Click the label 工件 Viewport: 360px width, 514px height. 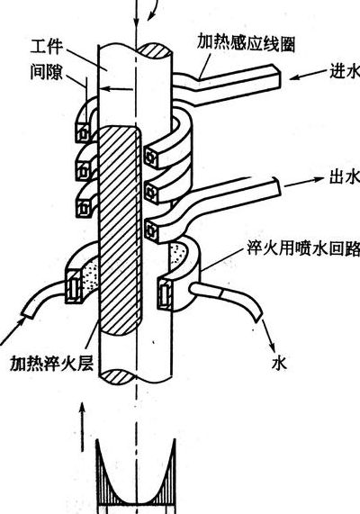tap(46, 47)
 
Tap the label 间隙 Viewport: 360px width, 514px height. tap(46, 72)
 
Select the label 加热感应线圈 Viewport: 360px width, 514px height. tap(246, 42)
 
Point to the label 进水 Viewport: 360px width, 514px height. tap(345, 70)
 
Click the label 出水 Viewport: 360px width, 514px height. tap(345, 177)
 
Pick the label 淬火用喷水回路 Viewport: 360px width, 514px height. tap(303, 248)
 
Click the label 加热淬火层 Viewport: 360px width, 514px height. tap(51, 363)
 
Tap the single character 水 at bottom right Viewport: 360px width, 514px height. tap(279, 363)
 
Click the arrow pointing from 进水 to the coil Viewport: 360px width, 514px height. tap(309, 75)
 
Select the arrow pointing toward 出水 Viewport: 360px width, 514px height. tap(304, 182)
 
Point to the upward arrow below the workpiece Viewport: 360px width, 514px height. tap(83, 427)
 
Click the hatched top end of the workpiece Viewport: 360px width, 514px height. tap(154, 51)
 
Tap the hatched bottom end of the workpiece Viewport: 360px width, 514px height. tap(117, 376)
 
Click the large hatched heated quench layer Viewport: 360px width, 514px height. tap(121, 230)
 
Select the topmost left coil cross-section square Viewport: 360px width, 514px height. tap(84, 133)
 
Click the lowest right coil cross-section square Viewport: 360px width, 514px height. tap(152, 231)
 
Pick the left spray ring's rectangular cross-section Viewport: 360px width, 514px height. tap(74, 286)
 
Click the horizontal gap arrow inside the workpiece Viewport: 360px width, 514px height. tap(116, 88)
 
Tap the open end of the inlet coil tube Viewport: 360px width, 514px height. tap(277, 77)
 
